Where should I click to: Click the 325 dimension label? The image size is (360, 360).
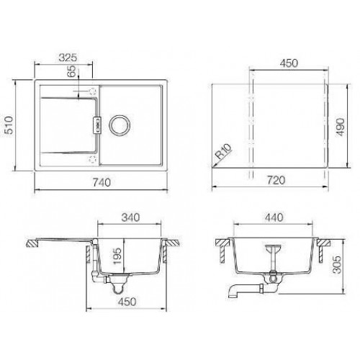pos(68,58)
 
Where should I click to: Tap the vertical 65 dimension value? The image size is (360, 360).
pos(71,71)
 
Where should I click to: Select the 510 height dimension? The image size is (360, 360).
pos(9,125)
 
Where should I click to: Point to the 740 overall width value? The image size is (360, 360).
pos(102,183)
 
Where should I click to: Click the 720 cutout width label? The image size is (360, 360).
pos(276,180)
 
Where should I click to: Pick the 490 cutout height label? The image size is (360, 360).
pos(341,127)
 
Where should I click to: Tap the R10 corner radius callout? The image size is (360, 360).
pos(223,151)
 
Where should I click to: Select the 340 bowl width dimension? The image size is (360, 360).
pos(130,217)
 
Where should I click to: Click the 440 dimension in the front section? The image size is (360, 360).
pos(274,217)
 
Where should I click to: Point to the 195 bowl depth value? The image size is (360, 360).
pos(117,256)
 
